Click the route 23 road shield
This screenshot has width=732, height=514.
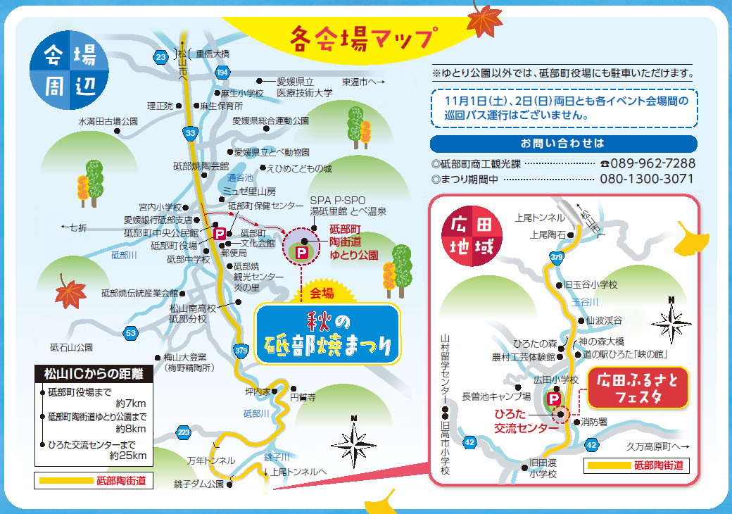point(161,56)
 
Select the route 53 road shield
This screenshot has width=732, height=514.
point(130,332)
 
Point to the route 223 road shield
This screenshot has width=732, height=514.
point(184,432)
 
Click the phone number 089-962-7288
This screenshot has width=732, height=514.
point(647,163)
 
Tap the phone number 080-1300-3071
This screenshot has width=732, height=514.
point(647,179)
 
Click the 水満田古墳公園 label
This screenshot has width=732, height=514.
point(108,121)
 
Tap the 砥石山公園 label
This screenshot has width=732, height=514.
point(71,347)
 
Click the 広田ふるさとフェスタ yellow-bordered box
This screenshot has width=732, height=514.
point(638,387)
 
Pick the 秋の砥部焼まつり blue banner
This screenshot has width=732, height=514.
point(327,334)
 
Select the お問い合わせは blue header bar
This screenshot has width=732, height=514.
point(562,144)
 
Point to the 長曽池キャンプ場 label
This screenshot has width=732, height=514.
point(496,396)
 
